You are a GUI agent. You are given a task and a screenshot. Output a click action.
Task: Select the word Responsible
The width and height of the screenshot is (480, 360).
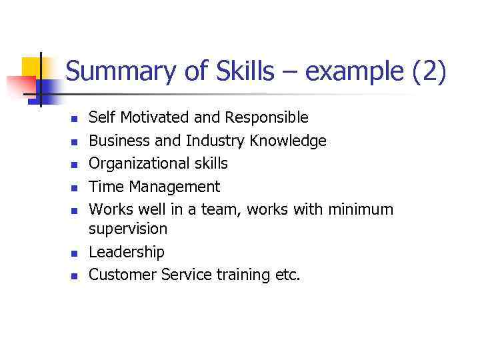point(267,118)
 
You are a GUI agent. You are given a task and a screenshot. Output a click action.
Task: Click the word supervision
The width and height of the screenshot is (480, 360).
point(128,229)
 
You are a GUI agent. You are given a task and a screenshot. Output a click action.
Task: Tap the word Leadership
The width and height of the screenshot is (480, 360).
point(127,251)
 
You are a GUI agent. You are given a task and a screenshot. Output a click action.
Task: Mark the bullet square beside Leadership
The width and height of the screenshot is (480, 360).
point(75,253)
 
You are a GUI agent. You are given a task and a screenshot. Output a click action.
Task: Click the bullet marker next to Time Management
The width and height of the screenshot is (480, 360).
point(75,187)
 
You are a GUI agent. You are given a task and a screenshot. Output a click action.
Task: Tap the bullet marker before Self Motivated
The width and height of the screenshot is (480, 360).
point(75,119)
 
